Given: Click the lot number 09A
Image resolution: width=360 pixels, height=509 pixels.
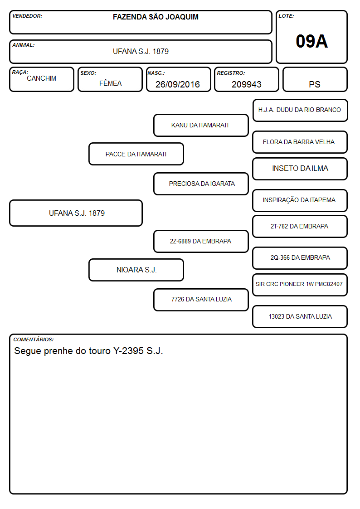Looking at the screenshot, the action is (x=311, y=41).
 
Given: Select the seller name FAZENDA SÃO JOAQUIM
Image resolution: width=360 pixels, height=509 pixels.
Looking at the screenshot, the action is (x=156, y=17).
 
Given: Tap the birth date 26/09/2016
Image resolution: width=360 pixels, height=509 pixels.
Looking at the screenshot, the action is (x=178, y=84).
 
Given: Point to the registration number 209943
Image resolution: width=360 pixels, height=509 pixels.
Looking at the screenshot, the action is (x=246, y=84).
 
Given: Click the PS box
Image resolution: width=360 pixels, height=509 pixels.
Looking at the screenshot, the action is (x=315, y=79).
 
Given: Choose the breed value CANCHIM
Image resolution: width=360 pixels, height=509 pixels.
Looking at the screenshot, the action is (x=42, y=78).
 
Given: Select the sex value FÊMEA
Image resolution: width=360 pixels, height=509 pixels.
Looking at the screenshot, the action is (x=110, y=83).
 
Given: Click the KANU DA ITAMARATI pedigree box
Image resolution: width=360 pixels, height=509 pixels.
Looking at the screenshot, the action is (x=201, y=125).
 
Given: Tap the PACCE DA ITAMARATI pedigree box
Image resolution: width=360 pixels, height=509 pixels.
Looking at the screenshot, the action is (x=136, y=154).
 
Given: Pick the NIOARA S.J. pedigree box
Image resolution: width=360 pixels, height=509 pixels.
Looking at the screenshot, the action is (x=136, y=270).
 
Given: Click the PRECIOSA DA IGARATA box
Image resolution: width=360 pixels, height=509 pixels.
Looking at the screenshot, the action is (x=201, y=184).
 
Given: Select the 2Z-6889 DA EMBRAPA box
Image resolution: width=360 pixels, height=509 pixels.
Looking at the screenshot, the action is (x=201, y=241).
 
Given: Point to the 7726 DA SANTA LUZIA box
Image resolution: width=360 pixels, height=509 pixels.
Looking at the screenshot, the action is (x=201, y=300).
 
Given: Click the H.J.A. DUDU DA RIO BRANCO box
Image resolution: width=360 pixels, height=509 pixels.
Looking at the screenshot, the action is (x=300, y=111).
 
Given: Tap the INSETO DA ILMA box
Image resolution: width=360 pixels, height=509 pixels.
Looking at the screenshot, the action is (x=300, y=169).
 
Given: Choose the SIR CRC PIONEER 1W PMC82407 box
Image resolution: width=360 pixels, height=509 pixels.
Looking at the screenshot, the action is (x=300, y=285).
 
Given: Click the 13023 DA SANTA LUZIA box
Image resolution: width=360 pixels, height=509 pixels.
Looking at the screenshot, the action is (x=300, y=316).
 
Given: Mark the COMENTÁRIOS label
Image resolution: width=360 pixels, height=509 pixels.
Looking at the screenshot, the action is (x=34, y=339).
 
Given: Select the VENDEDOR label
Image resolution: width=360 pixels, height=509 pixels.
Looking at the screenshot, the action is (x=27, y=16).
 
